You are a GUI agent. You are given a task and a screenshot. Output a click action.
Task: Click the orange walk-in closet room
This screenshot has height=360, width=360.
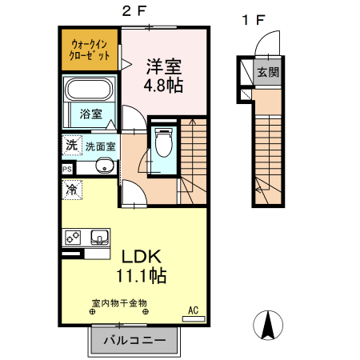(x=90, y=49)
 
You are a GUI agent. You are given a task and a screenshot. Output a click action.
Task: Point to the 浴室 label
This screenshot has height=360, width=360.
(x=90, y=114)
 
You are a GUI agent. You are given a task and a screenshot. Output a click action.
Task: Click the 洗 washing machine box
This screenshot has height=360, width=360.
(x=71, y=146)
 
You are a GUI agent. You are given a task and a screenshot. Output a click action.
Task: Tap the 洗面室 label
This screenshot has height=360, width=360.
(x=101, y=146)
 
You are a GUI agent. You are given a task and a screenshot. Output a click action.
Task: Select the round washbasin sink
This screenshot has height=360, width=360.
(x=103, y=166)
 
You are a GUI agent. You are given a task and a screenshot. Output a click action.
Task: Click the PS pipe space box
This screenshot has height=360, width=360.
(x=67, y=169)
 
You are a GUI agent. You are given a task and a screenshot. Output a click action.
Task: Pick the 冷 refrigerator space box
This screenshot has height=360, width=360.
(x=71, y=190)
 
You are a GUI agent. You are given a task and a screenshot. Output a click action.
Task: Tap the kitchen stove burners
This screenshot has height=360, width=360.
(x=72, y=238)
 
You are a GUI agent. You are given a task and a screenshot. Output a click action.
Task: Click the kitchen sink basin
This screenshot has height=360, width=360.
(x=99, y=238)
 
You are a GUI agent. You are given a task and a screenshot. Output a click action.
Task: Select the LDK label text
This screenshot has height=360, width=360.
(x=142, y=258)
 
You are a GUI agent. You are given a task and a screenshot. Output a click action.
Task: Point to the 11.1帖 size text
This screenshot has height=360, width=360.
(x=142, y=277)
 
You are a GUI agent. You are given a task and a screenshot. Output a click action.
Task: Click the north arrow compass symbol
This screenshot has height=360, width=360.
(x=270, y=324)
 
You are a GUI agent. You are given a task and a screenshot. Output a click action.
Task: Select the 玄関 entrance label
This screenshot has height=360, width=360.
(x=267, y=72)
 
